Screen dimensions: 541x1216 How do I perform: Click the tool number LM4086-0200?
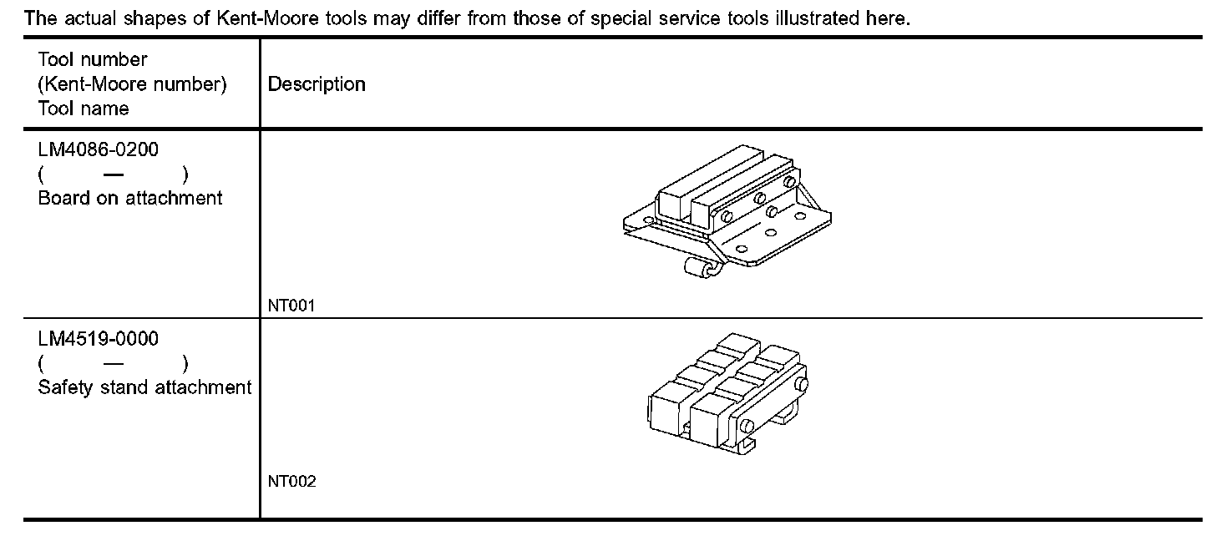99,150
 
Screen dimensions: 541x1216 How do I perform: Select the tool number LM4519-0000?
99,339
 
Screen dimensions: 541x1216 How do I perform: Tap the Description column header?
317,84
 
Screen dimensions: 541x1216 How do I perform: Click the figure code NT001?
291,306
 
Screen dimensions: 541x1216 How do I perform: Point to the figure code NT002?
291,482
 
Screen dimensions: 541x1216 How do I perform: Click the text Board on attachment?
130,198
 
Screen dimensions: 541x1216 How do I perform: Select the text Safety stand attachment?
144,387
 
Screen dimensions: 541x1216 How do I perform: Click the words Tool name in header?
84,109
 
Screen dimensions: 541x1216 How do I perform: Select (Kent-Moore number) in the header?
133,84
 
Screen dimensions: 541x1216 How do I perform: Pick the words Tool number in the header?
93,60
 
